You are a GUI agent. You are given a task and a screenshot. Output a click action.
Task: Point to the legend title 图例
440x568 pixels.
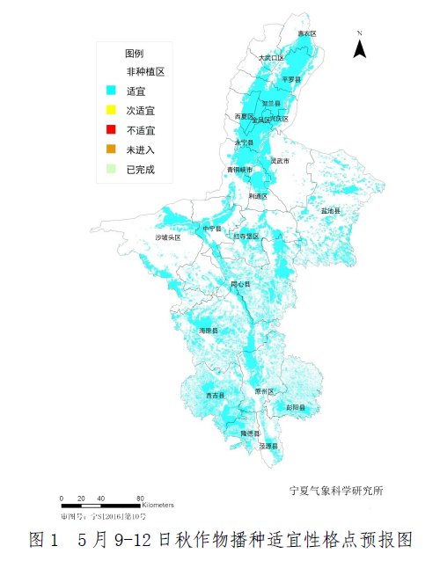(135, 54)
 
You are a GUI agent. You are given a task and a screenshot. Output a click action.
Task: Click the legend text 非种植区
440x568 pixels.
(145, 72)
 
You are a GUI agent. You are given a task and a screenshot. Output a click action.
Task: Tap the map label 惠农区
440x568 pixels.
(306, 33)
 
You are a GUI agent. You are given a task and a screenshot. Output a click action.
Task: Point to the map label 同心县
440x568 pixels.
(240, 285)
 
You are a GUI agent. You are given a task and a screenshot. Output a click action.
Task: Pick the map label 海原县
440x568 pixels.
(209, 331)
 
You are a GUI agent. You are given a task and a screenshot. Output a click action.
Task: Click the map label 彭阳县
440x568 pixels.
(296, 407)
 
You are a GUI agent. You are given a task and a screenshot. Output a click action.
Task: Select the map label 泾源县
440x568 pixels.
(269, 447)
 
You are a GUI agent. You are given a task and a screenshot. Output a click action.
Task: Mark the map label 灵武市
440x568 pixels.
(281, 162)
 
